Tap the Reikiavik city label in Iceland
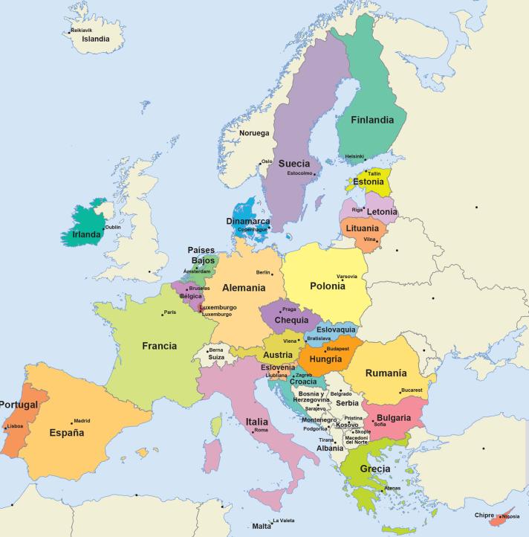tap(82, 30)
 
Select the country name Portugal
tap(18, 405)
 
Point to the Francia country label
tap(160, 346)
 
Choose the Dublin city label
tap(113, 228)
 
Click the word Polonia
tap(328, 286)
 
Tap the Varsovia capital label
tap(347, 276)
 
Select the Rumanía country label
tap(386, 373)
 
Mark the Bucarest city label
tap(412, 390)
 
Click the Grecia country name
tap(374, 469)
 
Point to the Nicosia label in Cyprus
tap(510, 516)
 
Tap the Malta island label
tap(262, 527)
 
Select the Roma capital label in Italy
tap(261, 431)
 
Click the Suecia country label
tap(294, 164)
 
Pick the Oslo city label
tap(267, 161)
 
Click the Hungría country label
tap(325, 358)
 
